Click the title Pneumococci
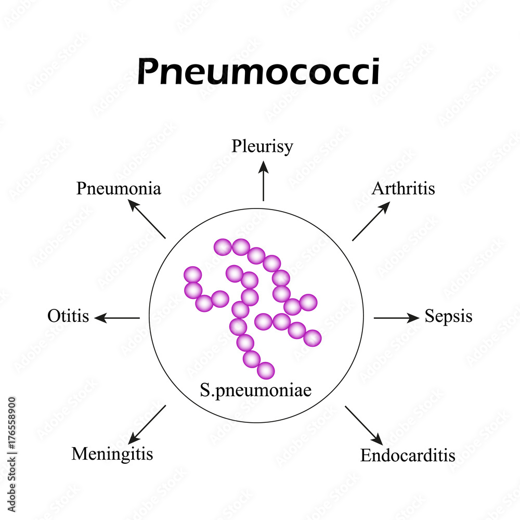point(258,72)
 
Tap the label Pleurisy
point(262,146)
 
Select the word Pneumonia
point(119,189)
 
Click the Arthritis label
point(403,188)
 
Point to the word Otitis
point(68,316)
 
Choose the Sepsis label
point(448,316)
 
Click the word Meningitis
point(112,454)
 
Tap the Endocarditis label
point(408,456)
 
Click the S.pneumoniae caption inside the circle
point(255,390)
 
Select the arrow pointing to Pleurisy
point(263,180)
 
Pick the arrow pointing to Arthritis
point(371,222)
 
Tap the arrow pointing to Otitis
point(118,318)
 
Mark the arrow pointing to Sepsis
point(396,318)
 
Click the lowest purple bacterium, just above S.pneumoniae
point(266,370)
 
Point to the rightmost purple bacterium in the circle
point(313,339)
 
